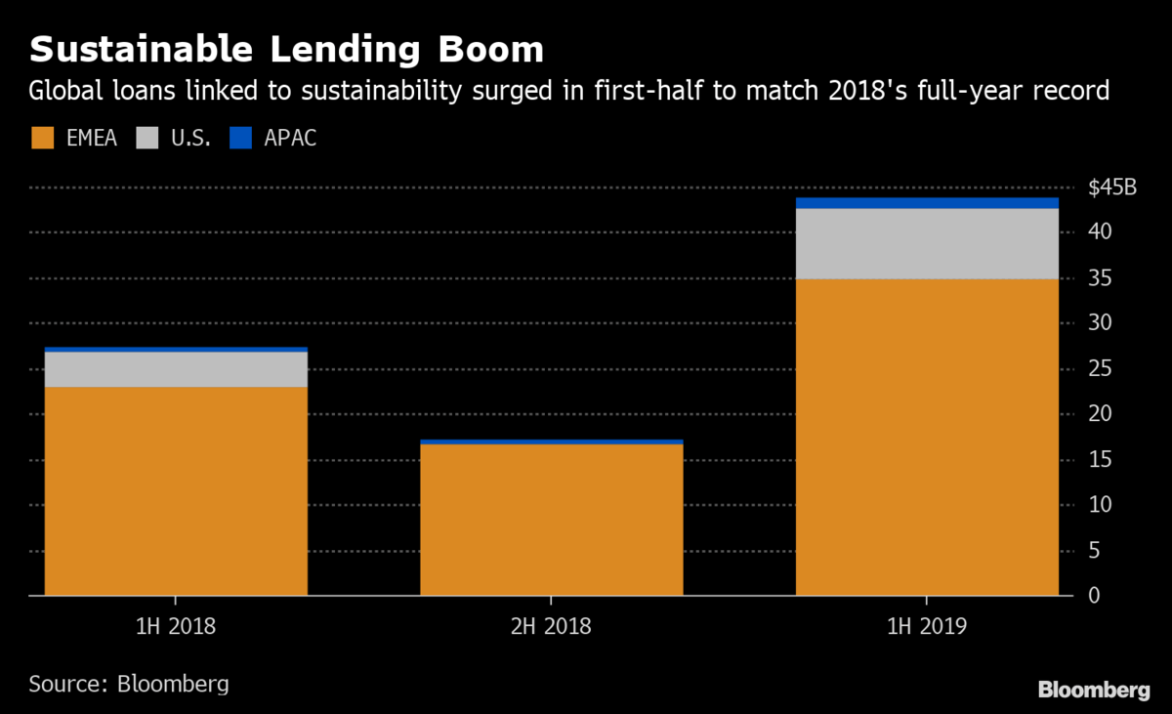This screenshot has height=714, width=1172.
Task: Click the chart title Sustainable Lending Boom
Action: click(x=287, y=49)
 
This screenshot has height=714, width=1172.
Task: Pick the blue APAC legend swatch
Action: click(x=241, y=138)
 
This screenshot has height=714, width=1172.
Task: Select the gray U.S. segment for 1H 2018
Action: click(x=176, y=369)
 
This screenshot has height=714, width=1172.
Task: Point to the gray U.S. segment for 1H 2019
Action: click(x=927, y=243)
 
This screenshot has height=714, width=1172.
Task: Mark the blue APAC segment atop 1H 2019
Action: click(x=927, y=203)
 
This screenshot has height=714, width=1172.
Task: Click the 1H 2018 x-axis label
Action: click(x=176, y=626)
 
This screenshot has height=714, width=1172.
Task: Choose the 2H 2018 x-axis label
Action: click(x=551, y=626)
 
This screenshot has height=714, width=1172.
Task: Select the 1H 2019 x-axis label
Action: click(x=927, y=626)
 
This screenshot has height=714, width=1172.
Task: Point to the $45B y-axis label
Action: click(x=1112, y=188)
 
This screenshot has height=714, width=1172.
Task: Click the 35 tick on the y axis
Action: click(x=1100, y=278)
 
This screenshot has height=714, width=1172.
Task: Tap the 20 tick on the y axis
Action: click(x=1100, y=414)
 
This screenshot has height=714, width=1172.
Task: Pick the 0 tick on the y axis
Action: click(x=1094, y=595)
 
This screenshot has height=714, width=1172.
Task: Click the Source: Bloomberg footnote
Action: click(x=129, y=683)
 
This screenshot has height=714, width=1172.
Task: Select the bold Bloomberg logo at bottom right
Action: click(x=1093, y=691)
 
